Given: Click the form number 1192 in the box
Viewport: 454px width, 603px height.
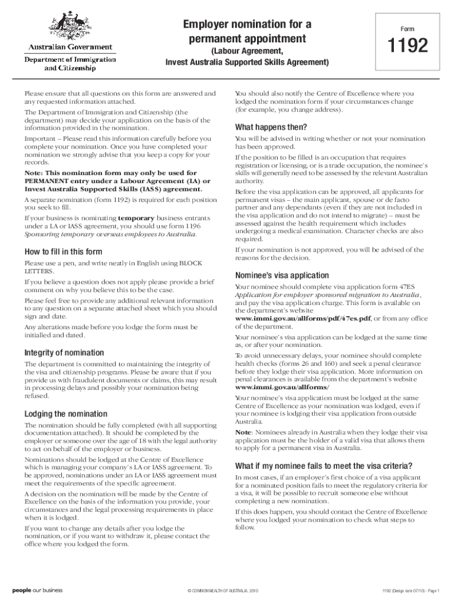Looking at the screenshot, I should coord(407,46).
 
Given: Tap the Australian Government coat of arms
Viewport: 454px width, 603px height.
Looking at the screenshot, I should coord(69,26).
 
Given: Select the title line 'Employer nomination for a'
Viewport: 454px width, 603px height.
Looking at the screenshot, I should coord(247,25).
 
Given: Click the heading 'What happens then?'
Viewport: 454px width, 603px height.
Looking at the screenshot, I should coord(271,128).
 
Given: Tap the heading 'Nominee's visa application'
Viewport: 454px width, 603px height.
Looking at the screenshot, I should coord(282,276).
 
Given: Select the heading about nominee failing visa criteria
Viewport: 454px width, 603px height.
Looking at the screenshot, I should coord(324,466).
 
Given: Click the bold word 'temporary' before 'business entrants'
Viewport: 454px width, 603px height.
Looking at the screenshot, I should coord(140,217).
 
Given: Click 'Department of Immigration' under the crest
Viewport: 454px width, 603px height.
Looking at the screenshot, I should coord(70,59).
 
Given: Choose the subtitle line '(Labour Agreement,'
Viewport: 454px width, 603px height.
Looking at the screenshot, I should coord(247,52).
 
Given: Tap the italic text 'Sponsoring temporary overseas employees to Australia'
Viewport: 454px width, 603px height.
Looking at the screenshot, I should coord(110,234).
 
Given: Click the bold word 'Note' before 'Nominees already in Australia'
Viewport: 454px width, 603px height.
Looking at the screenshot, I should coord(244,432).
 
